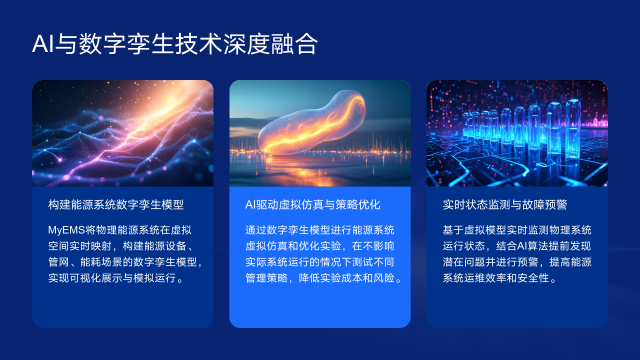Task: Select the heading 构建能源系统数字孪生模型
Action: point(113,204)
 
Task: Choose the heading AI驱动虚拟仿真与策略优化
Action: point(312,204)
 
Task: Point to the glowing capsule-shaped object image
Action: point(319,129)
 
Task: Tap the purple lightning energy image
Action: point(122,132)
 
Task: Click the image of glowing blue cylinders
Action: point(517,132)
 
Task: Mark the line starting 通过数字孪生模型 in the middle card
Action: point(320,230)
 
